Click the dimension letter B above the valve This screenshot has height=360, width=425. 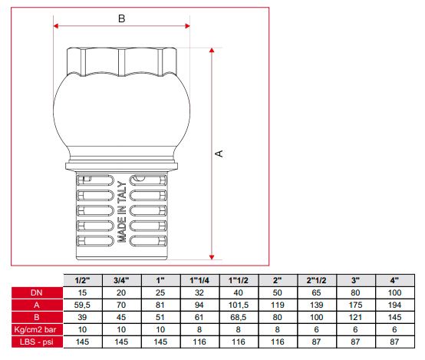click(122, 18)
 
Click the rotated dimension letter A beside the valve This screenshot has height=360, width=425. click(219, 154)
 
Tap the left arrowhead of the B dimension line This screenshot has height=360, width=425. click(56, 26)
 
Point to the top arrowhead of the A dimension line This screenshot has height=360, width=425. click(212, 50)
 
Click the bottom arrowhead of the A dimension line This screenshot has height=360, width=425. click(212, 257)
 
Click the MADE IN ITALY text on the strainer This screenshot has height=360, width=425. click(122, 212)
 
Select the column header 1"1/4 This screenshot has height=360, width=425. click(199, 280)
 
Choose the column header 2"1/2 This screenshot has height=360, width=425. click(316, 280)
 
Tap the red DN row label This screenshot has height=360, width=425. click(37, 292)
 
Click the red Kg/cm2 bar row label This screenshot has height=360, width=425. click(37, 329)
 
